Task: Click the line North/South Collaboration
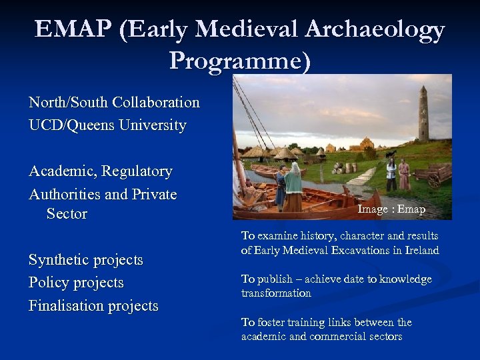pyautogui.click(x=114, y=103)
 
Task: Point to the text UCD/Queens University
pyautogui.click(x=107, y=125)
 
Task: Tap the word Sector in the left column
pyautogui.click(x=67, y=214)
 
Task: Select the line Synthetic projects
pyautogui.click(x=85, y=259)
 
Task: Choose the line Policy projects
pyautogui.click(x=76, y=283)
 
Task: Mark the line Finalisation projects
pyautogui.click(x=93, y=306)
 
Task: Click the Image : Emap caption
pyautogui.click(x=391, y=209)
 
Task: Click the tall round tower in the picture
pyautogui.click(x=423, y=113)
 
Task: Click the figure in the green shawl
pyautogui.click(x=293, y=189)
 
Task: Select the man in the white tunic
pyautogui.click(x=391, y=174)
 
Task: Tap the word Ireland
pyautogui.click(x=422, y=251)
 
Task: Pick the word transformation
pyautogui.click(x=276, y=293)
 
